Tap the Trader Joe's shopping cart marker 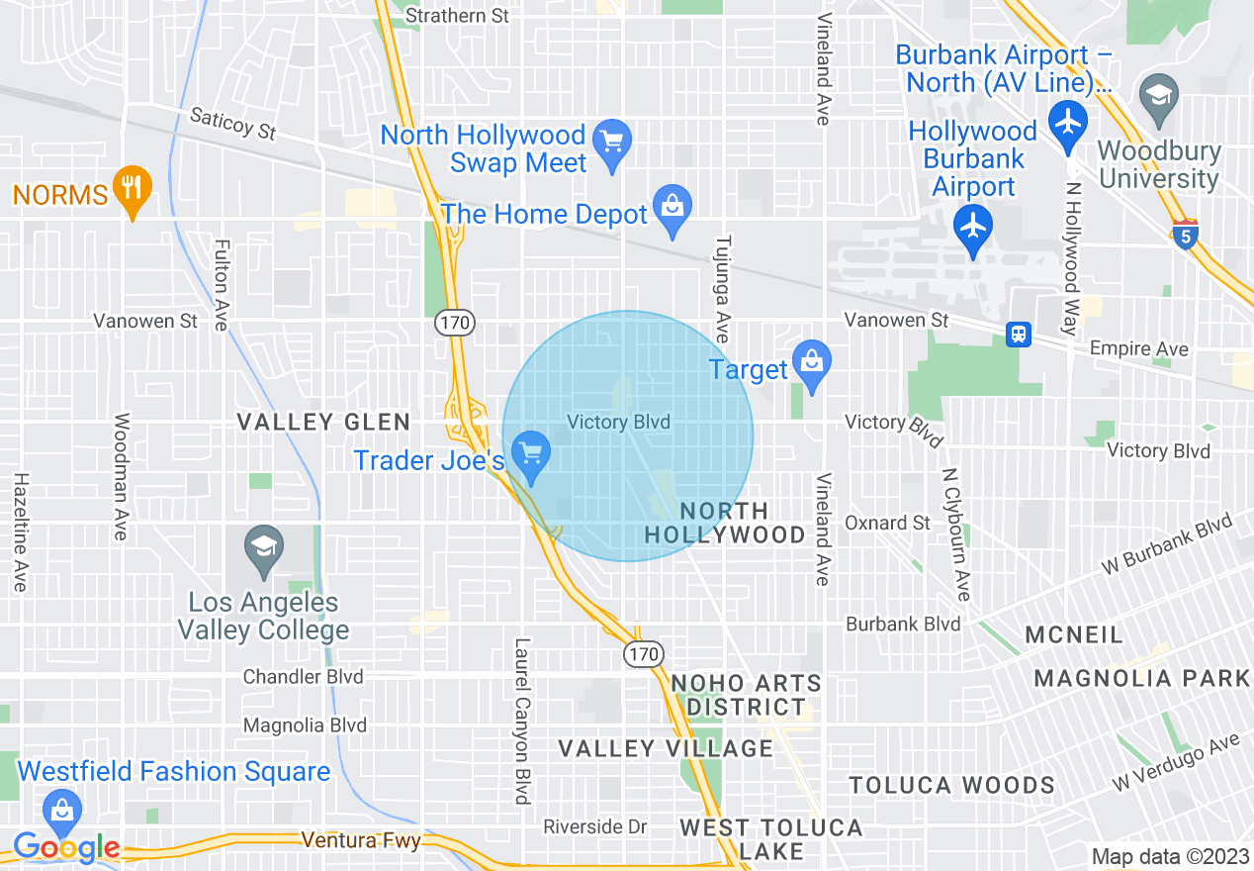532,453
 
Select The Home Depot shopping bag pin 672,207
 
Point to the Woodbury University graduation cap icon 1158,95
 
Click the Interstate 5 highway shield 1186,235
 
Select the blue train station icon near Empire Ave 1018,335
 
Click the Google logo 66,847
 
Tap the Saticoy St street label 233,124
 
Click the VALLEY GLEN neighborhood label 323,423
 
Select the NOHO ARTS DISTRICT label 747,695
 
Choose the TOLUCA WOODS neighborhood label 952,786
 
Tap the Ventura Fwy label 361,841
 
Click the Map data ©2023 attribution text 1170,856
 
